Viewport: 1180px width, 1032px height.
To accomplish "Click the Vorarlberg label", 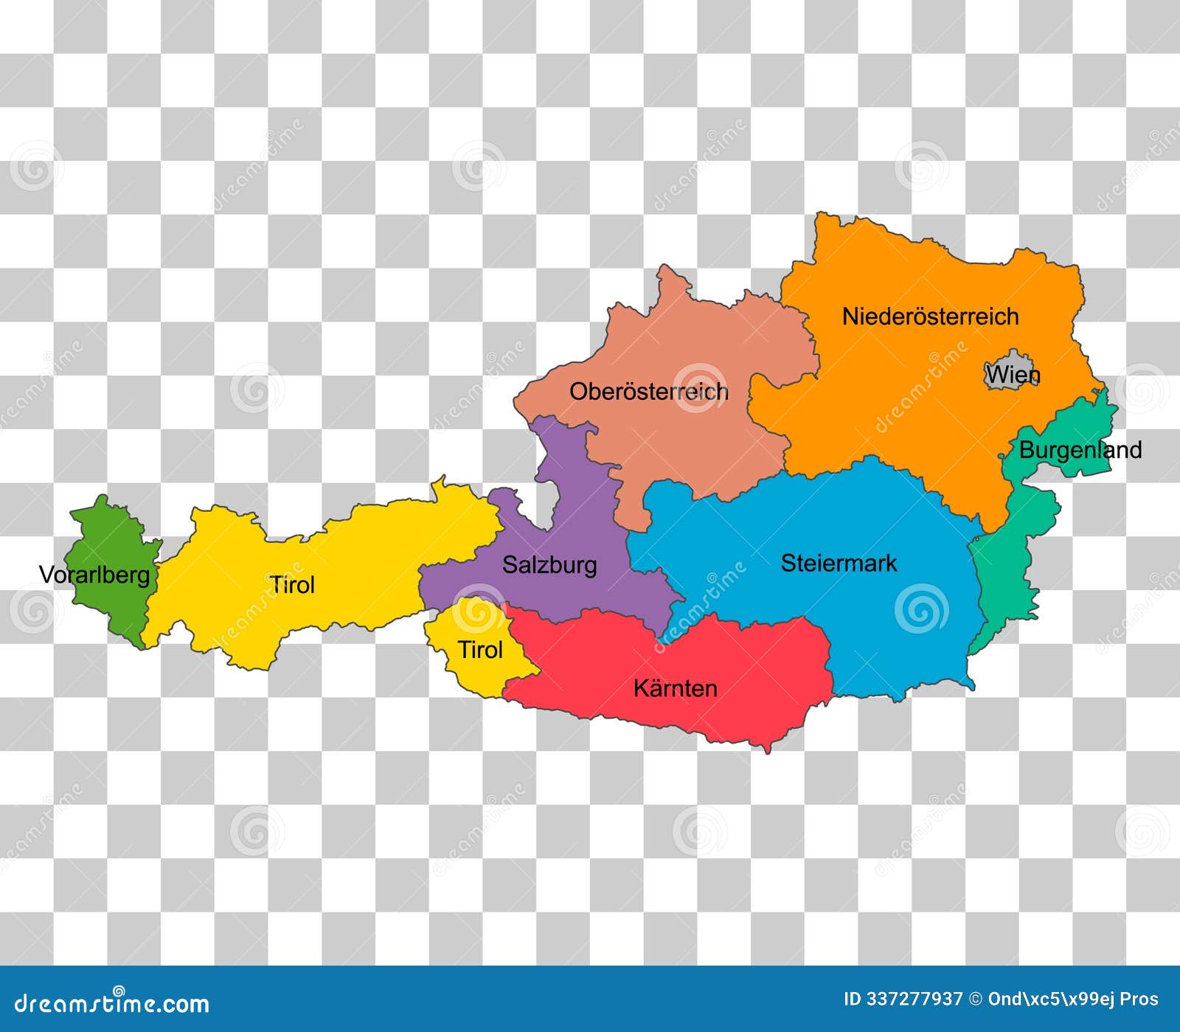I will [x=94, y=575].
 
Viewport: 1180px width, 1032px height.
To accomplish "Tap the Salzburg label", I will [x=549, y=565].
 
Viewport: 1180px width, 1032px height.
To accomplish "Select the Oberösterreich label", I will [x=648, y=392].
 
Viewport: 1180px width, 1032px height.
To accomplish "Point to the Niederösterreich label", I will [x=930, y=316].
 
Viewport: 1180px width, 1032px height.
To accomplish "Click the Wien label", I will [x=1013, y=375].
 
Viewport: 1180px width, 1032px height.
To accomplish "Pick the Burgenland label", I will [x=1080, y=450].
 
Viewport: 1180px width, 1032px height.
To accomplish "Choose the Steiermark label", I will [x=839, y=564].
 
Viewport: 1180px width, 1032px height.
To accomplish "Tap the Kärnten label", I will [x=675, y=689].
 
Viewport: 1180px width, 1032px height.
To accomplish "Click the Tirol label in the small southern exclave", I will [x=480, y=651].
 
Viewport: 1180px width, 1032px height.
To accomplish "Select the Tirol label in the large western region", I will [x=292, y=586].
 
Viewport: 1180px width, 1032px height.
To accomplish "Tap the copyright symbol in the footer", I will [x=976, y=1000].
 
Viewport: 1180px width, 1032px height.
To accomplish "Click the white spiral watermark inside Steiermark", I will [x=921, y=609].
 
